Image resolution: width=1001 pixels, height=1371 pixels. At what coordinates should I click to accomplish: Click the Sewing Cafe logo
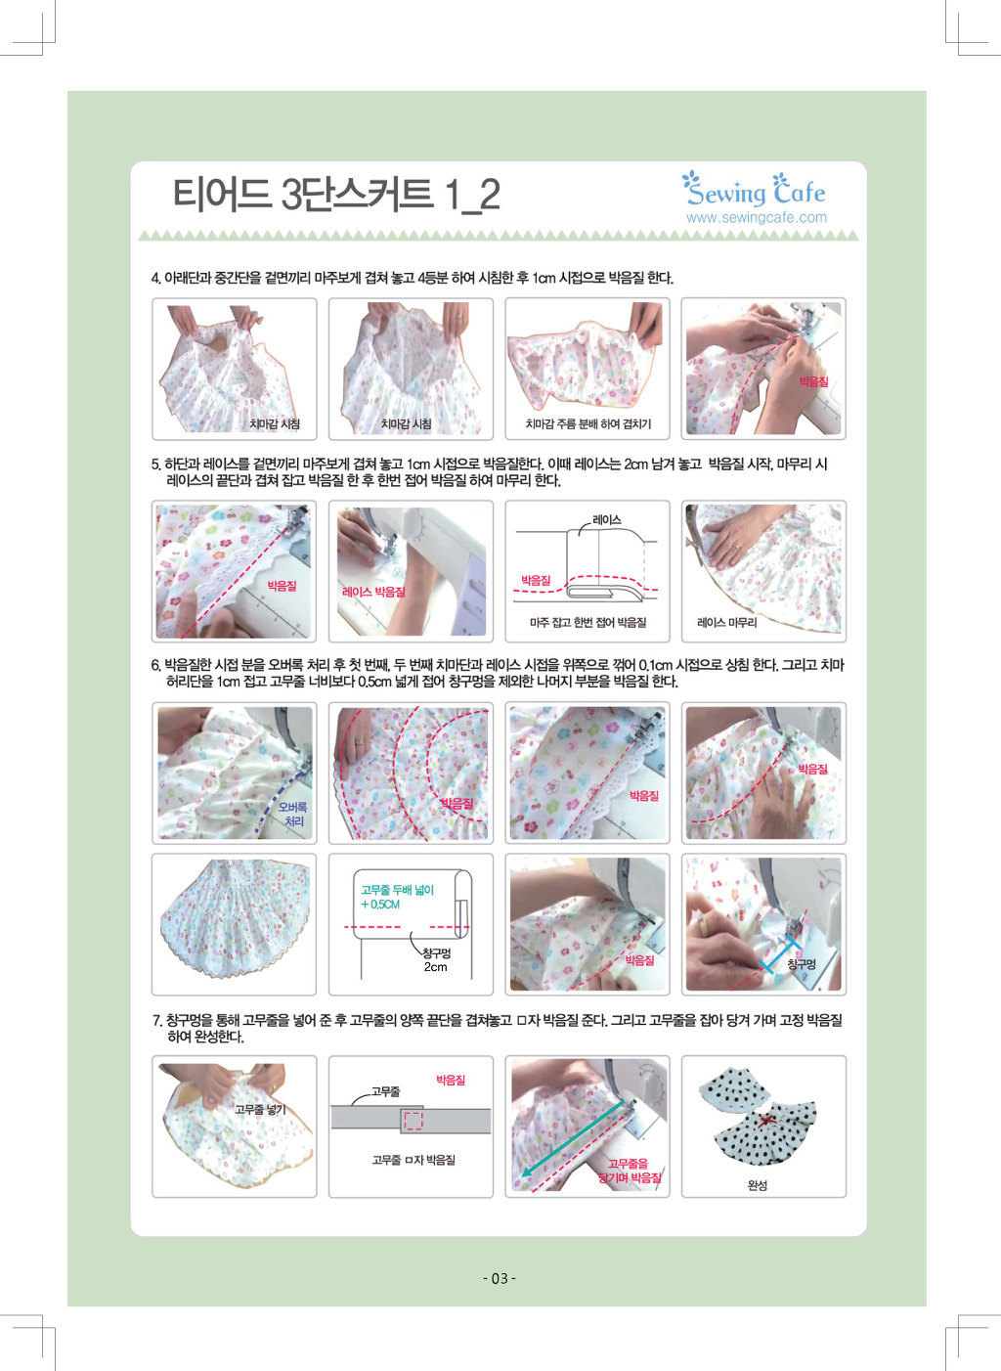point(754,189)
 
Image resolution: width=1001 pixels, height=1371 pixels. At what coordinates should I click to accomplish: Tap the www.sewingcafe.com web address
point(757,217)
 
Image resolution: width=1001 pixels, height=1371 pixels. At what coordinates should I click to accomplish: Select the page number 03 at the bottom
point(500,1278)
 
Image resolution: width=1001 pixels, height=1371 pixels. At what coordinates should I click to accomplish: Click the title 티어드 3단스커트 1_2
point(336,195)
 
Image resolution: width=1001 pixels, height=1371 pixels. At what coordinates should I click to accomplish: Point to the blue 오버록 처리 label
point(292,814)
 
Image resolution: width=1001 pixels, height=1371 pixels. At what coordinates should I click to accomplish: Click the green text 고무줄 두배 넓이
point(397,890)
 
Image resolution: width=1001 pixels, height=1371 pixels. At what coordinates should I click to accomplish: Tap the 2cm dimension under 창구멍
point(436,967)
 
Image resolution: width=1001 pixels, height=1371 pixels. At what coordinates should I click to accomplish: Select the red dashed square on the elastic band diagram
point(413,1120)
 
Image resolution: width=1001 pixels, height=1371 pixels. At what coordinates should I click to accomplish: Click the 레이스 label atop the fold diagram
point(607,519)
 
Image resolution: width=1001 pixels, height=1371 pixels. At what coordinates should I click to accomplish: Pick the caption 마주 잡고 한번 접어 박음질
point(588,623)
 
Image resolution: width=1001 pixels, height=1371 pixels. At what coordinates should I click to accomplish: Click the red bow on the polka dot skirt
point(763,1122)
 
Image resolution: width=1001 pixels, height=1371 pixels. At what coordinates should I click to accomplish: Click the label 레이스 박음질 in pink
point(373,592)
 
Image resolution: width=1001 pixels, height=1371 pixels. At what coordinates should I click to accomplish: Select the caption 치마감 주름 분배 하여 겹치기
point(588,423)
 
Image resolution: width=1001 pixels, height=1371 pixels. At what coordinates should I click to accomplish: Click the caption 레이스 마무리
point(727,623)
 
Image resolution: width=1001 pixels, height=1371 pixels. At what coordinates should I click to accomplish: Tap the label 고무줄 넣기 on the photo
point(260,1110)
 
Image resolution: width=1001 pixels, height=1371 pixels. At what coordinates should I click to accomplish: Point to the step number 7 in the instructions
point(156,1021)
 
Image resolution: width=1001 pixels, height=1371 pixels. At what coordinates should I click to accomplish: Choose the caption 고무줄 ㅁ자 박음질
point(413,1160)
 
